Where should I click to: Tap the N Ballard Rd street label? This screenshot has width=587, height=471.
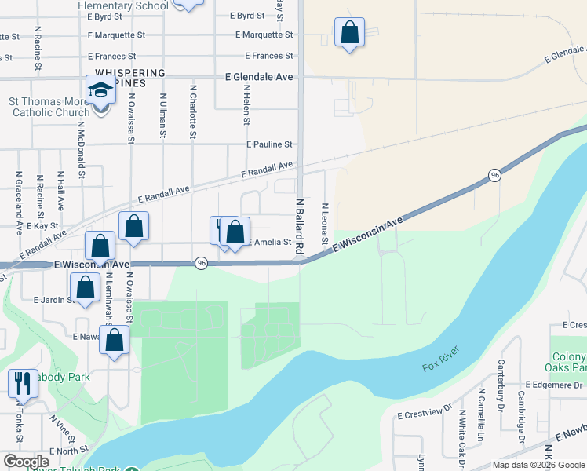coord(299,225)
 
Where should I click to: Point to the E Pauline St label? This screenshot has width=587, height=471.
coord(268,144)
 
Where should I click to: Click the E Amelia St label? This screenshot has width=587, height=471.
coord(270,243)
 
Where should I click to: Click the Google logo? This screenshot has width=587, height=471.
coord(27,462)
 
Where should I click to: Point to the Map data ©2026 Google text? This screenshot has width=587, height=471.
coord(538,465)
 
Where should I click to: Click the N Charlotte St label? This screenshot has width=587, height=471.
coord(192,113)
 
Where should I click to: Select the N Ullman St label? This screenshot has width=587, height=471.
coord(162,115)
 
